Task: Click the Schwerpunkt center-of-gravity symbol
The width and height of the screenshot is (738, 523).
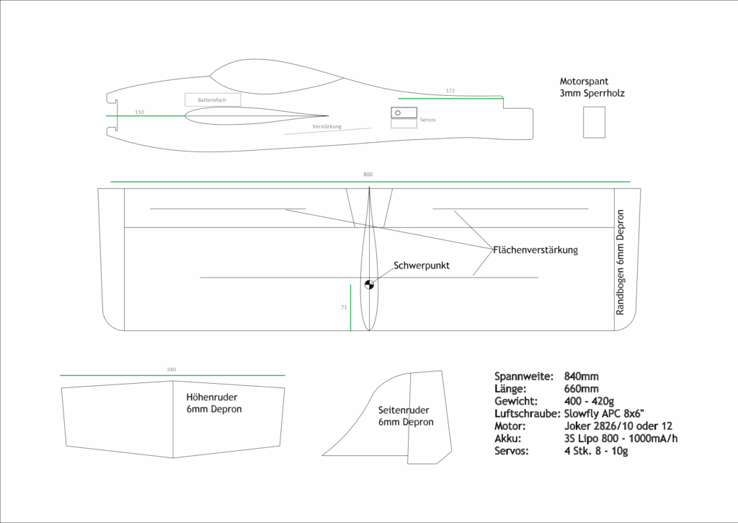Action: pos(369,284)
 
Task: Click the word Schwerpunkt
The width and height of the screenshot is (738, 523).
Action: pos(422,265)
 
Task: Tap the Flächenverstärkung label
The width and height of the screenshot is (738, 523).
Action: pos(535,250)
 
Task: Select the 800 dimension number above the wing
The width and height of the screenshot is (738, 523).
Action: pos(368,175)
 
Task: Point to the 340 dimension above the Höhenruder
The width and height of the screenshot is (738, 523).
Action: pos(171,369)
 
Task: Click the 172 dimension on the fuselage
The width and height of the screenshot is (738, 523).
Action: pos(450,91)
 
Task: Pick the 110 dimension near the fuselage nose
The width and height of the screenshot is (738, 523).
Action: pos(139,112)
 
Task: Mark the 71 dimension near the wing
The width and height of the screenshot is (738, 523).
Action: pos(344,307)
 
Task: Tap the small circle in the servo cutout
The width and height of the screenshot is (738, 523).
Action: pos(397,112)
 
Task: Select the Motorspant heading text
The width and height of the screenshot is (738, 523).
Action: pos(584,82)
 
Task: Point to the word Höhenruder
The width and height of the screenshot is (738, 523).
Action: pos(212,397)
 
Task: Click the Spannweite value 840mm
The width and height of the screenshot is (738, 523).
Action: pos(582,377)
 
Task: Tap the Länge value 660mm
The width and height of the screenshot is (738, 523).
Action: pos(581,389)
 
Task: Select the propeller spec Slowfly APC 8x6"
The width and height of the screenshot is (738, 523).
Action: pos(610,413)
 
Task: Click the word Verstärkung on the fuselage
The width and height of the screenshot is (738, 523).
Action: pos(326,126)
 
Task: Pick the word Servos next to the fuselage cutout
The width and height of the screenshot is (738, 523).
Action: pos(428,119)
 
